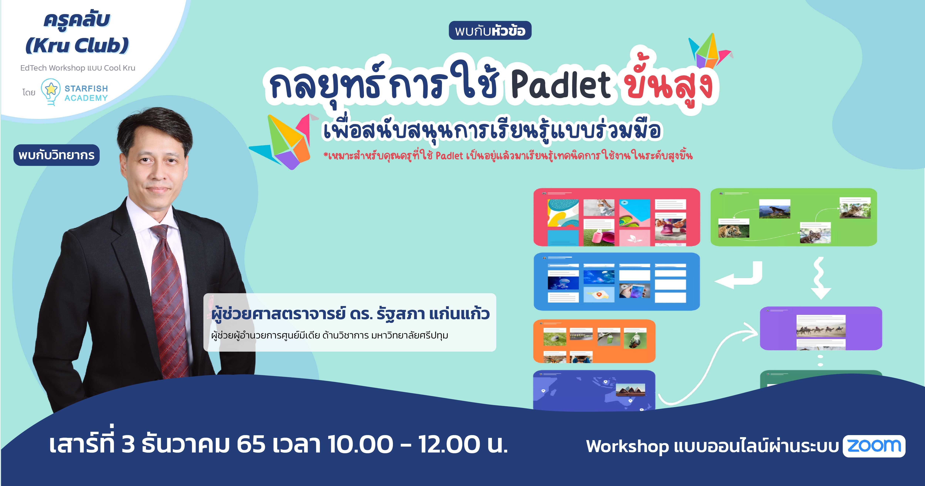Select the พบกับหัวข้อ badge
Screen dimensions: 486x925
pyautogui.click(x=490, y=31)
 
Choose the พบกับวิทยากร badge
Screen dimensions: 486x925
pyautogui.click(x=56, y=155)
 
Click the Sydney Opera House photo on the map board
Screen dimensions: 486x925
pyautogui.click(x=630, y=390)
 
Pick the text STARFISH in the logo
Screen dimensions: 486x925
pyautogui.click(x=86, y=88)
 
